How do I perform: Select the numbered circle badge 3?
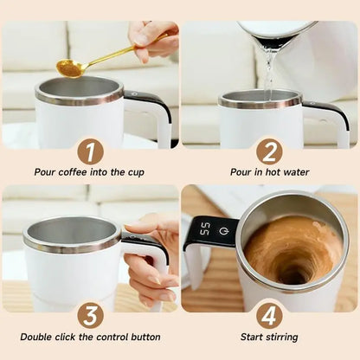coord(89,313)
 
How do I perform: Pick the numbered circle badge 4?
coord(269,313)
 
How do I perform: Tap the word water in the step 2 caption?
coord(293,172)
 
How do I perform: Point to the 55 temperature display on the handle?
coord(205,230)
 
